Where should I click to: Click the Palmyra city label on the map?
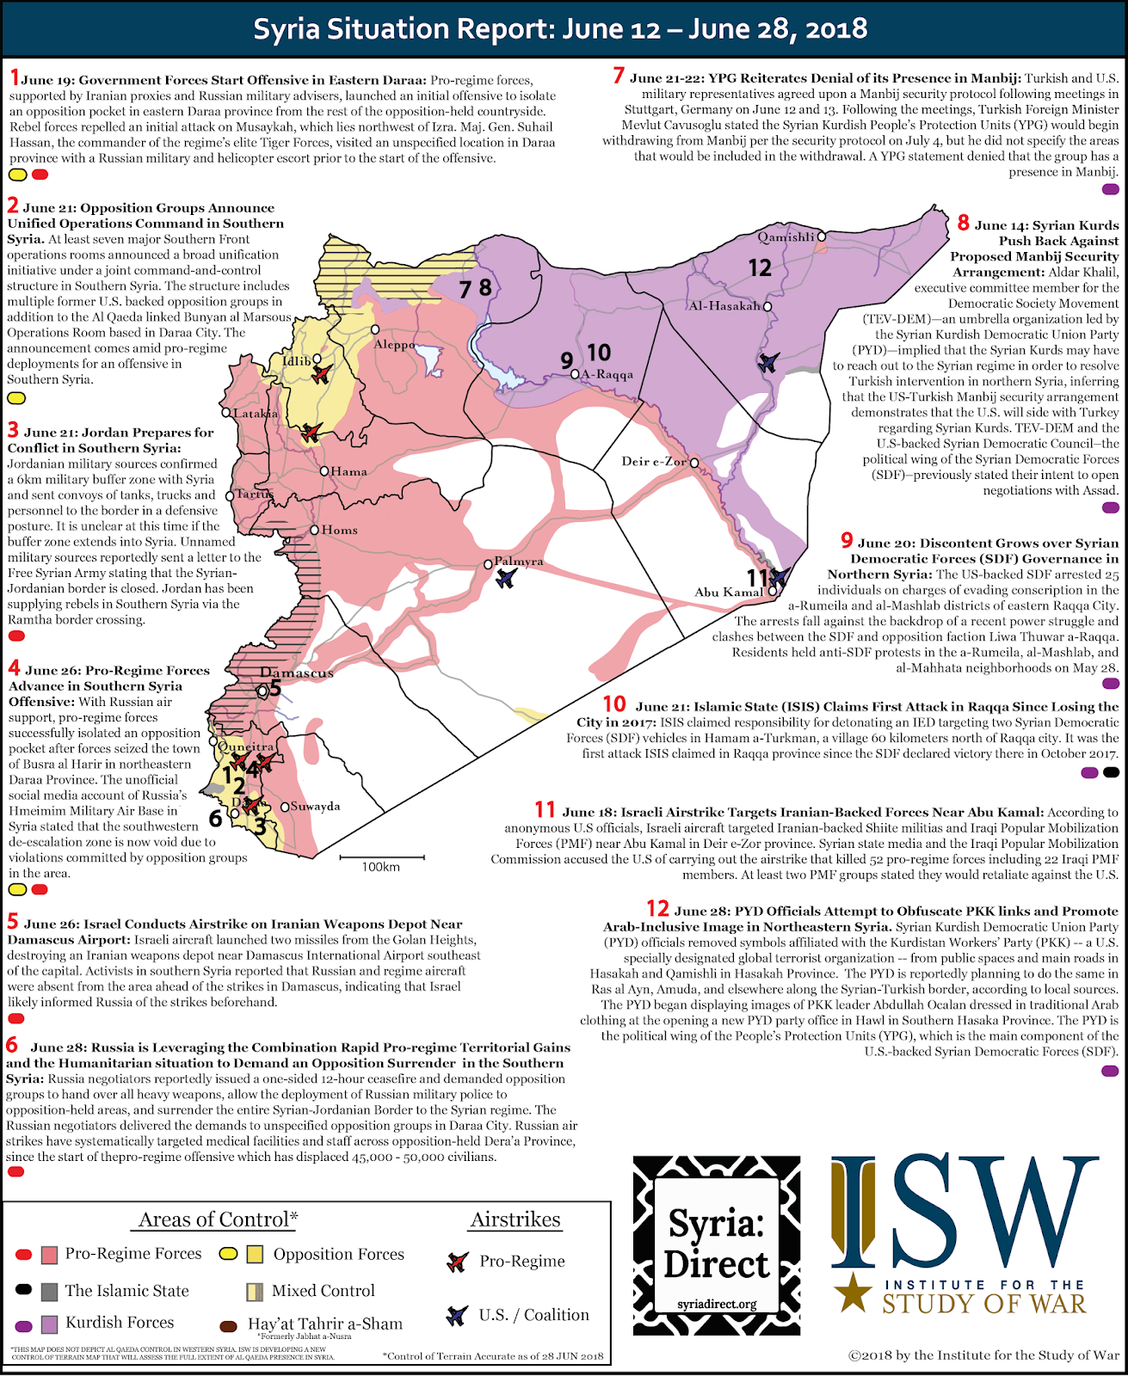[519, 562]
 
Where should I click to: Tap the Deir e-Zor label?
[654, 462]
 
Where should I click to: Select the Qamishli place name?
[786, 236]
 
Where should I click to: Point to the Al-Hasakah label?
[724, 306]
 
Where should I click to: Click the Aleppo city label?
[394, 344]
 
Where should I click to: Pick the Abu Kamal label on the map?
[729, 592]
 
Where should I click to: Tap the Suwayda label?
[315, 807]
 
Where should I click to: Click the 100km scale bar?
[382, 857]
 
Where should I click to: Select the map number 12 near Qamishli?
[760, 268]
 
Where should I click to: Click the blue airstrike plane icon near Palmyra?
[506, 578]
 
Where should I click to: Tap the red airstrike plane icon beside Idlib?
[320, 374]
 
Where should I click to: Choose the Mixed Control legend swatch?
[255, 1291]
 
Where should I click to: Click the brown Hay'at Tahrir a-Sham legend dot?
[229, 1325]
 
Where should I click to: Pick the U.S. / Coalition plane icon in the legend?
[457, 1315]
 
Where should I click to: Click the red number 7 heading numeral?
[619, 76]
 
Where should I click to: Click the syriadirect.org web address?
[717, 1304]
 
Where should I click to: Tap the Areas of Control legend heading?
[219, 1219]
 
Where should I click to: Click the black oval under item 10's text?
[1111, 772]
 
